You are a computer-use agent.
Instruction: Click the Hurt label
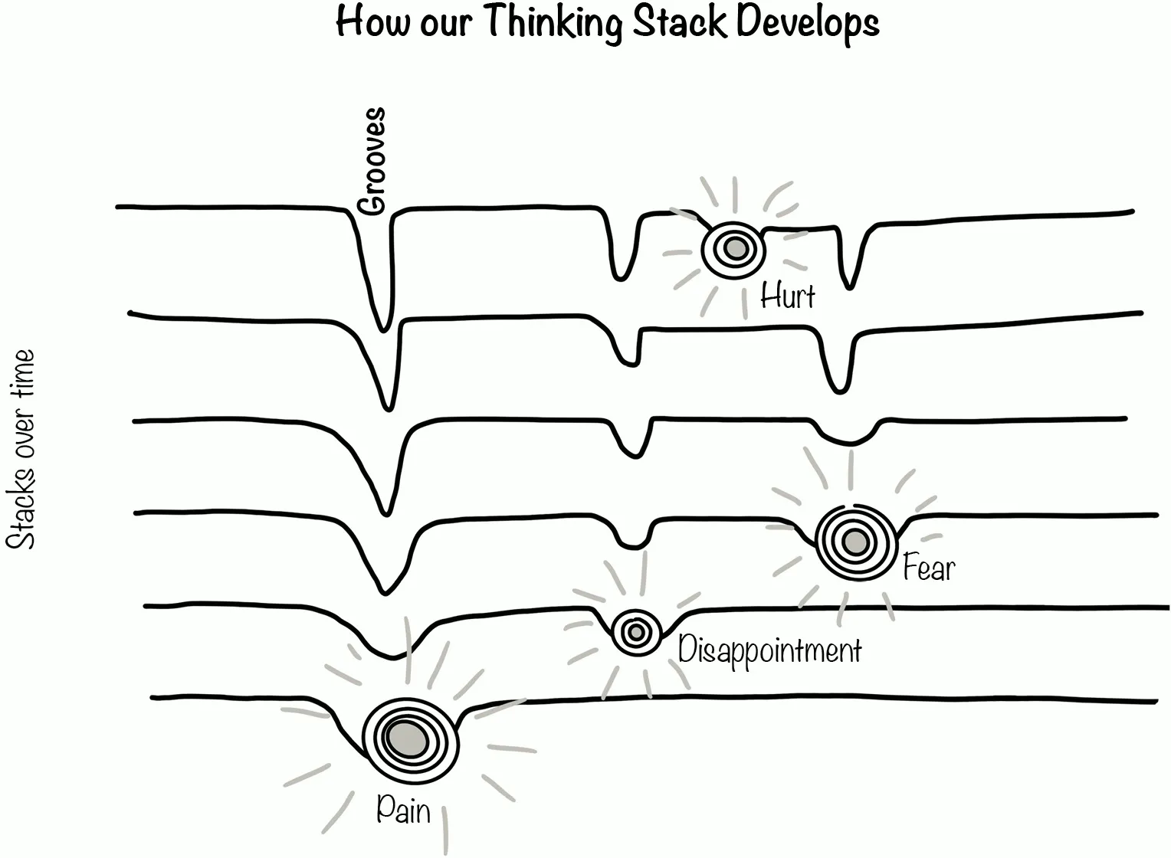coord(787,296)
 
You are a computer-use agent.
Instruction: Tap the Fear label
coord(929,568)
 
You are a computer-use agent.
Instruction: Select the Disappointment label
coord(769,651)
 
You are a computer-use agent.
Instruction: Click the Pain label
coord(403,810)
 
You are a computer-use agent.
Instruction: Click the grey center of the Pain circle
coord(407,738)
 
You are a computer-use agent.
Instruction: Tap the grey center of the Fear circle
coord(854,542)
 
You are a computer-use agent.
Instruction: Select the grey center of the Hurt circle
coord(735,248)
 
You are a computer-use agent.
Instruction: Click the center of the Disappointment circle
coord(635,633)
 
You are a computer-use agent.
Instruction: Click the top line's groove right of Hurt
coord(849,283)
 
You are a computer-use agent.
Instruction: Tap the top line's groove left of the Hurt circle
coord(619,274)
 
